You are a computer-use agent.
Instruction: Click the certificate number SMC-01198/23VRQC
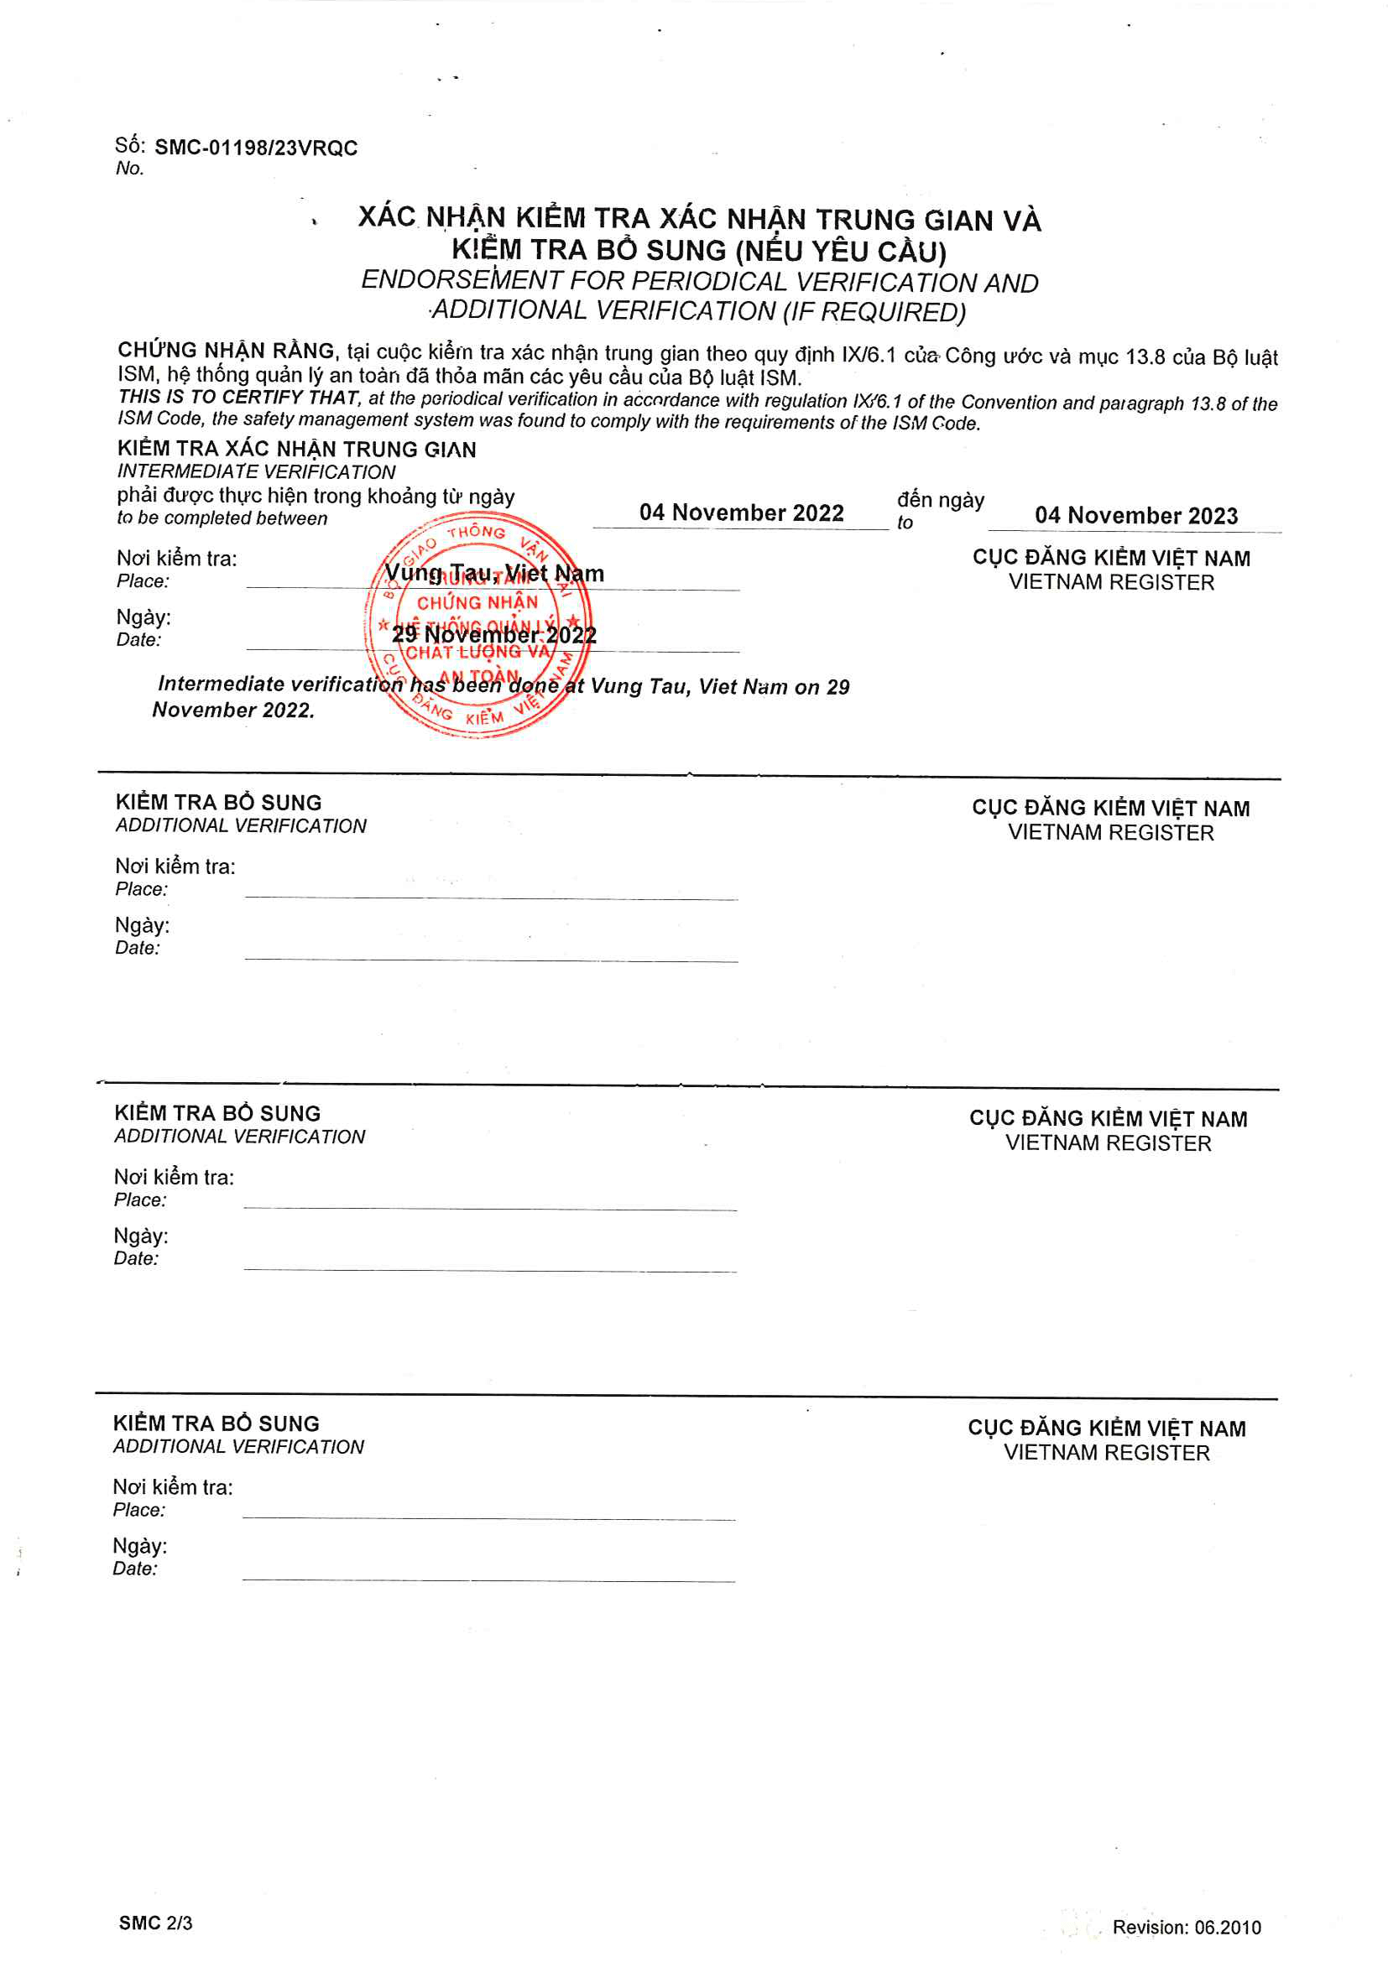(256, 148)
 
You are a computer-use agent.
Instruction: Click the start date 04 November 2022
(741, 513)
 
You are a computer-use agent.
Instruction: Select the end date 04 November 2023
(1136, 515)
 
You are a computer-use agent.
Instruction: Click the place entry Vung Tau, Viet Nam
(494, 574)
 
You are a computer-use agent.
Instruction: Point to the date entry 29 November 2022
(494, 635)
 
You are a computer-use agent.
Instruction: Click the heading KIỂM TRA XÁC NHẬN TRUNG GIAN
(296, 450)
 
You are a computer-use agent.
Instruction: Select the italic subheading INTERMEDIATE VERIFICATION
(257, 471)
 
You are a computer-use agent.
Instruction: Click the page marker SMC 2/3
(155, 1923)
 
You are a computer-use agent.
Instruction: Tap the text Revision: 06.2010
(1187, 1927)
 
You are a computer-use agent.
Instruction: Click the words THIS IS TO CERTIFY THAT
(238, 398)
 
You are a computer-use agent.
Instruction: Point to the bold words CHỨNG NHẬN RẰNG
(227, 351)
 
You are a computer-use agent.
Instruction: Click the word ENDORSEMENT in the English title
(462, 280)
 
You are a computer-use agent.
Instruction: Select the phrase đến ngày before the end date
(940, 500)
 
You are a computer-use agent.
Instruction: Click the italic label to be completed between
(222, 518)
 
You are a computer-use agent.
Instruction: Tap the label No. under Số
(130, 169)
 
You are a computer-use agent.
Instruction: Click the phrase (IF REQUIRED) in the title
(874, 312)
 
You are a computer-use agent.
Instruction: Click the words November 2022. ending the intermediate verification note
(233, 710)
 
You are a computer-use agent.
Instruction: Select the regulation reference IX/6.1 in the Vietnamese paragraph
(869, 356)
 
